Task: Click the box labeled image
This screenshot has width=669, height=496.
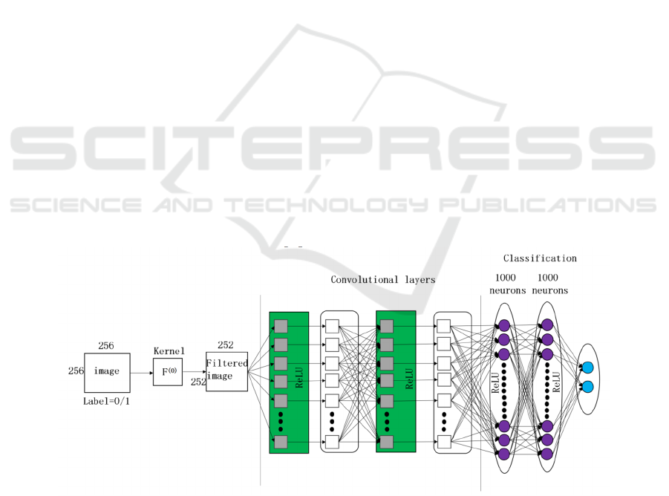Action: point(107,373)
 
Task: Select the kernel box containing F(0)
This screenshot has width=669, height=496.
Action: point(168,372)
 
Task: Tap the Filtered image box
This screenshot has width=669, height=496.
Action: point(226,371)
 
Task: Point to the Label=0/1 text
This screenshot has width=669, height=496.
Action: point(106,401)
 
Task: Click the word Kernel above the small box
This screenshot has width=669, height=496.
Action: point(169,351)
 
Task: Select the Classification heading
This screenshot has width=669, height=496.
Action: point(540,258)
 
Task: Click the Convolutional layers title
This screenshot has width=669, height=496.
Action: point(382,280)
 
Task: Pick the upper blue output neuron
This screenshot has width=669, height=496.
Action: point(587,368)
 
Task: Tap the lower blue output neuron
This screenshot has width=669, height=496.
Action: point(587,387)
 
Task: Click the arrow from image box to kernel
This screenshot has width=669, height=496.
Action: point(142,373)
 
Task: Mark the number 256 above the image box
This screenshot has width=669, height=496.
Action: point(106,345)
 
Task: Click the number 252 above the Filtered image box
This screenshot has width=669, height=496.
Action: point(225,345)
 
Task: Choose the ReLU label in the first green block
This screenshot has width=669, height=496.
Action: point(299,377)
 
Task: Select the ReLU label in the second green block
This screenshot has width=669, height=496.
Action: point(409,379)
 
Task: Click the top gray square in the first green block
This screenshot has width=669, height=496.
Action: point(281,326)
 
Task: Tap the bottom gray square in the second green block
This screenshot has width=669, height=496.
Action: point(387,442)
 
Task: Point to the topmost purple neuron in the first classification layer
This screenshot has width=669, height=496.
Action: point(504,325)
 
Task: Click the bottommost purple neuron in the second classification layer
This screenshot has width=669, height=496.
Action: point(547,454)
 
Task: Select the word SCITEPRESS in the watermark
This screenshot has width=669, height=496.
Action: point(333,148)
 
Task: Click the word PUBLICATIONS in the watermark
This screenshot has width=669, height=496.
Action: point(547,205)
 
